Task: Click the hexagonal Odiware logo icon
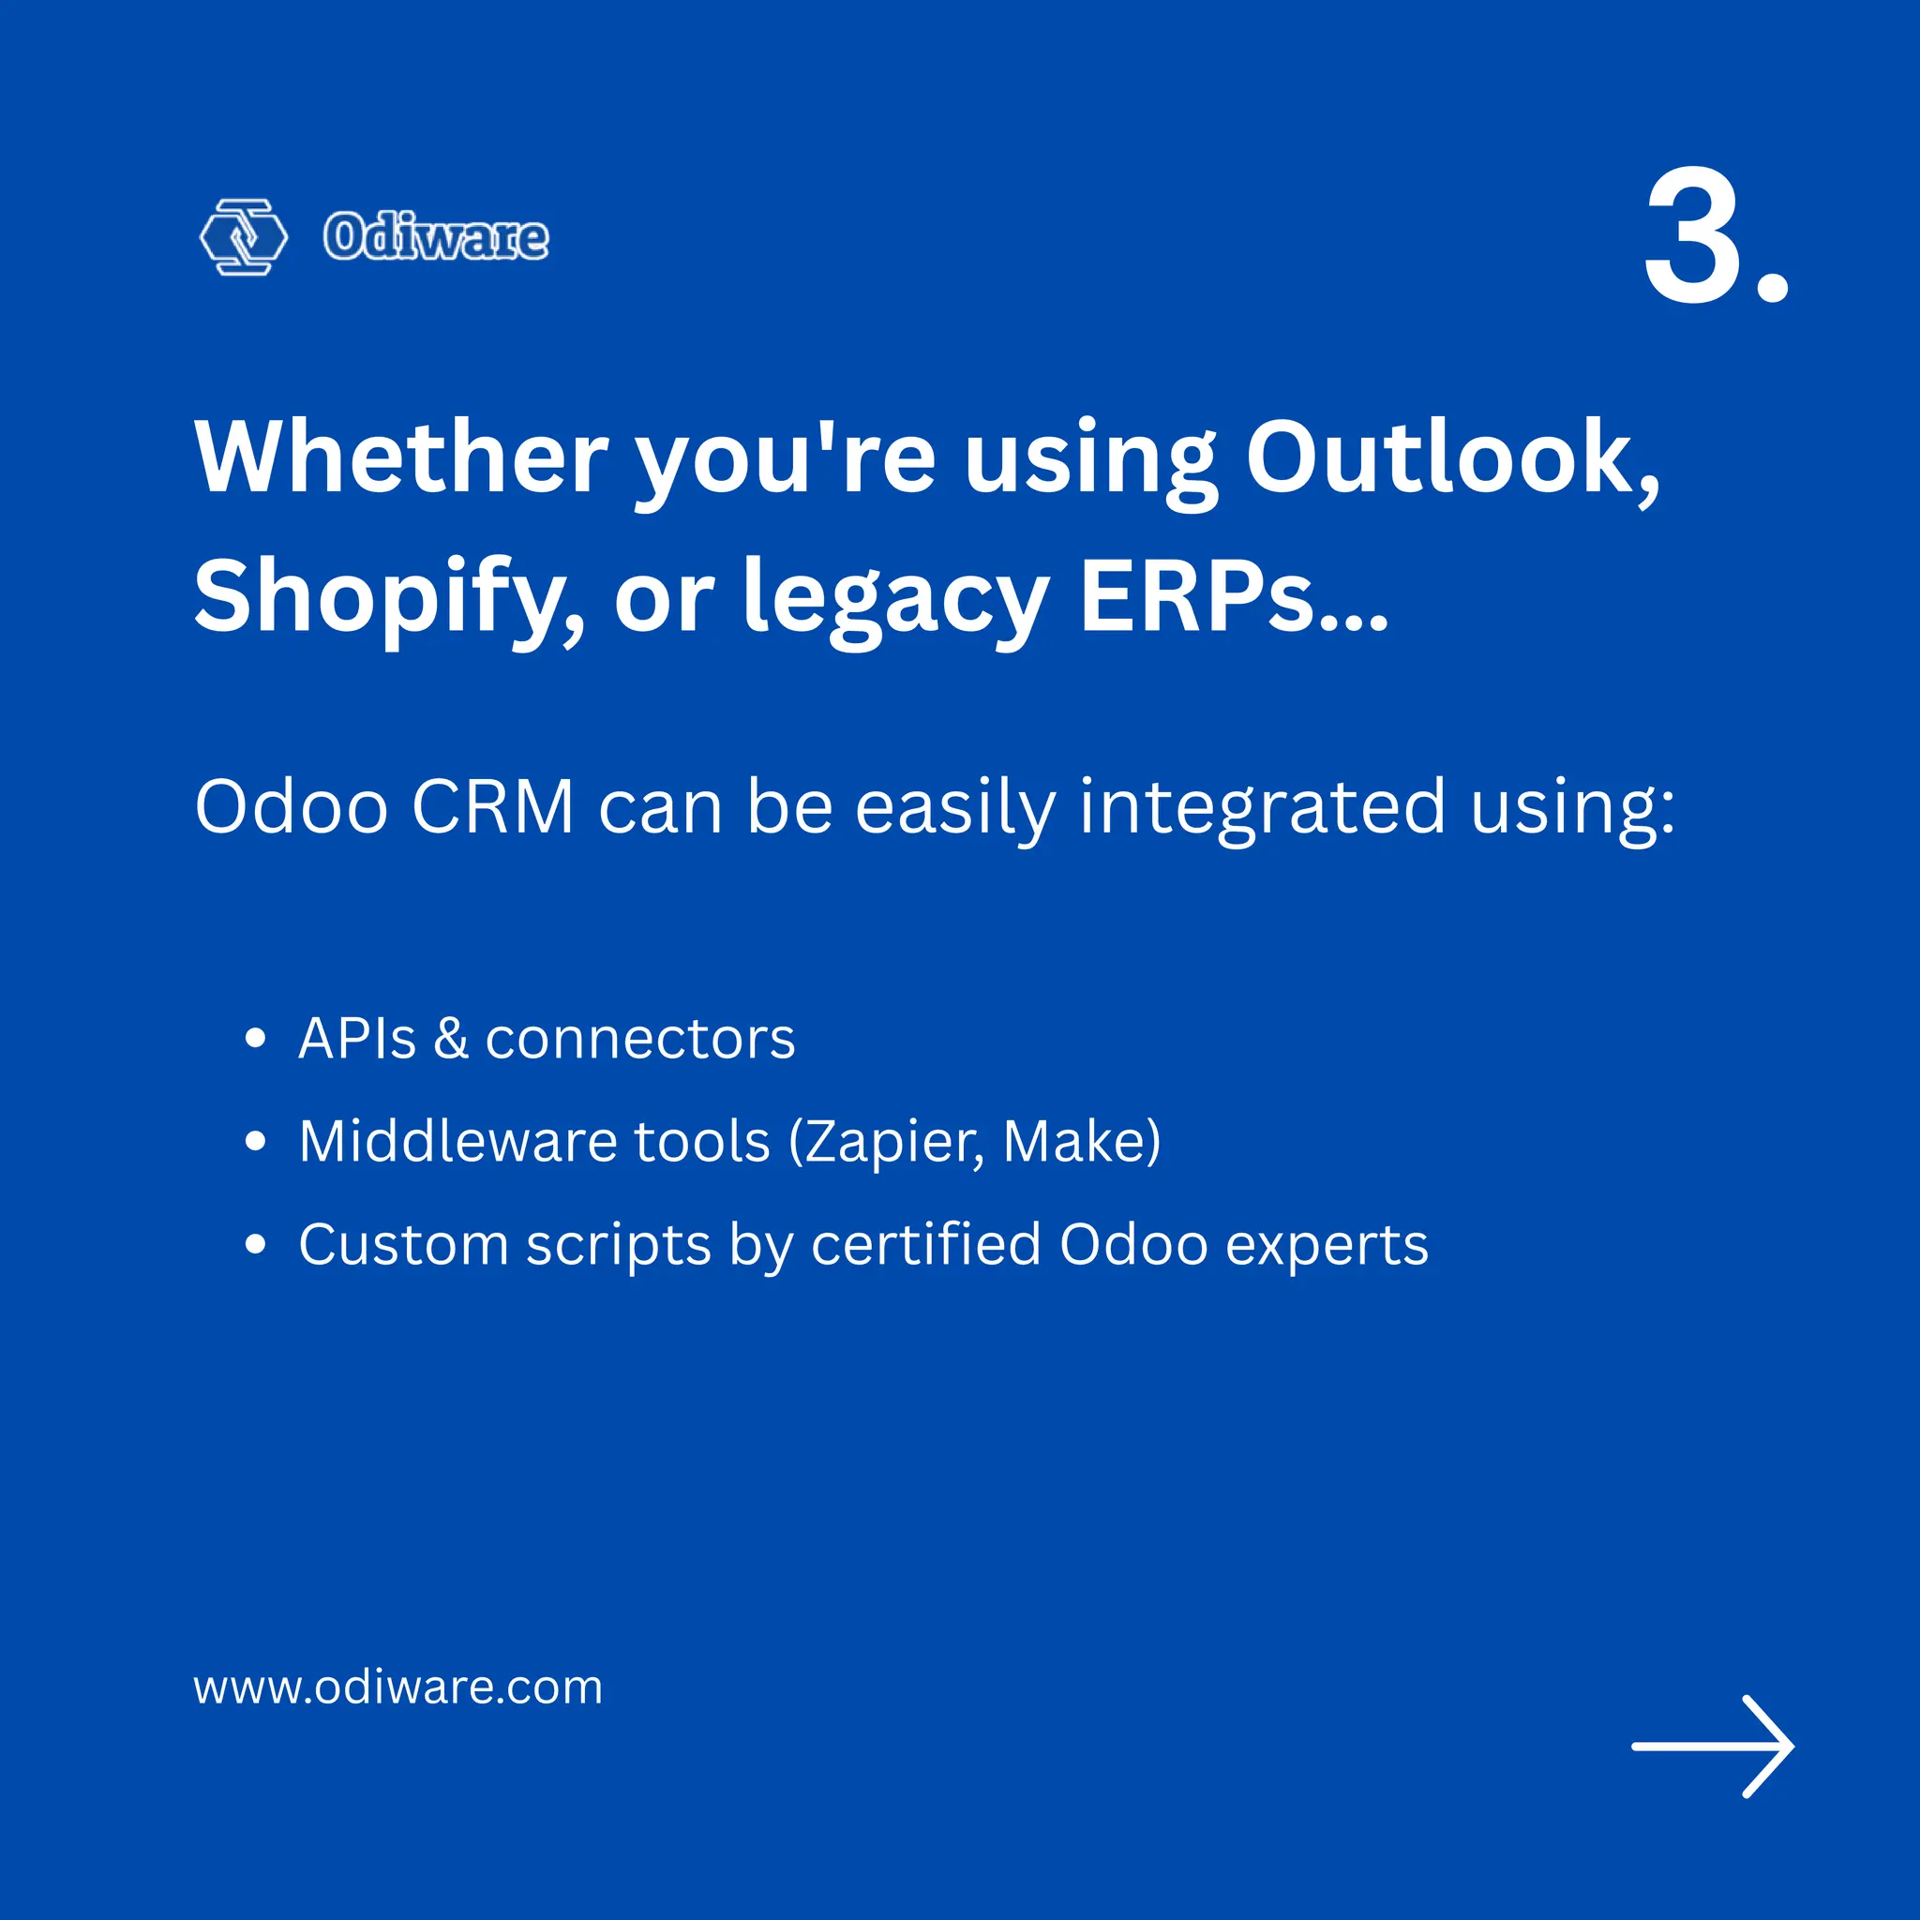click(244, 236)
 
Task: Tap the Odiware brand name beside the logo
click(435, 237)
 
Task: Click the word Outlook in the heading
click(1452, 458)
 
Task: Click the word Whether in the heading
click(401, 458)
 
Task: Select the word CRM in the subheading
click(493, 807)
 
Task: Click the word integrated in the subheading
click(1262, 807)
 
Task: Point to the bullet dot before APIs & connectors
click(255, 1040)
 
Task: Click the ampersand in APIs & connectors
click(450, 1040)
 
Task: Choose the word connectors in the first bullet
click(640, 1040)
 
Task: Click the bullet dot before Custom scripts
click(255, 1244)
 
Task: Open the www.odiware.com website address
click(397, 1687)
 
